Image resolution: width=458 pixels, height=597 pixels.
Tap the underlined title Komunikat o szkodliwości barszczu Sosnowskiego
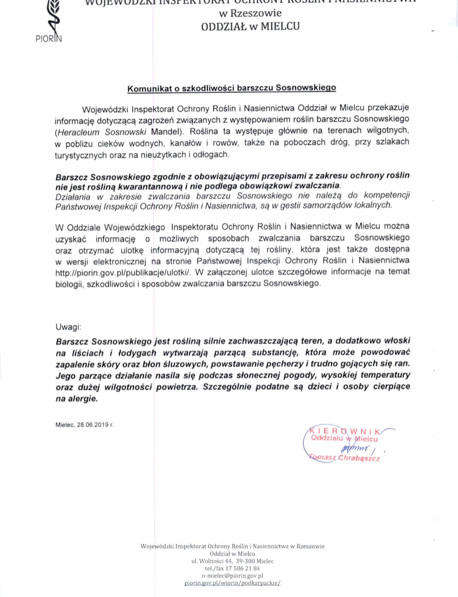[x=232, y=89]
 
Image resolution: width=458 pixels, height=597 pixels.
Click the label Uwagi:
[x=69, y=327]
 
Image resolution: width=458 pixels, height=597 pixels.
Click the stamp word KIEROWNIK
[x=344, y=430]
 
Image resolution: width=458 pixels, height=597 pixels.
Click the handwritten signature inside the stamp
[x=355, y=448]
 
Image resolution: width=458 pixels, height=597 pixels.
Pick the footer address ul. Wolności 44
[x=212, y=561]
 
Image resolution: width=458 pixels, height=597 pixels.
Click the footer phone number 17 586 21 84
[x=240, y=568]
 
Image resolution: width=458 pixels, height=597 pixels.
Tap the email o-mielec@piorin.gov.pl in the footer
[x=232, y=575]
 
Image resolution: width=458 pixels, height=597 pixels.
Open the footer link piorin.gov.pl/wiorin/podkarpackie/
[x=232, y=583]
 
